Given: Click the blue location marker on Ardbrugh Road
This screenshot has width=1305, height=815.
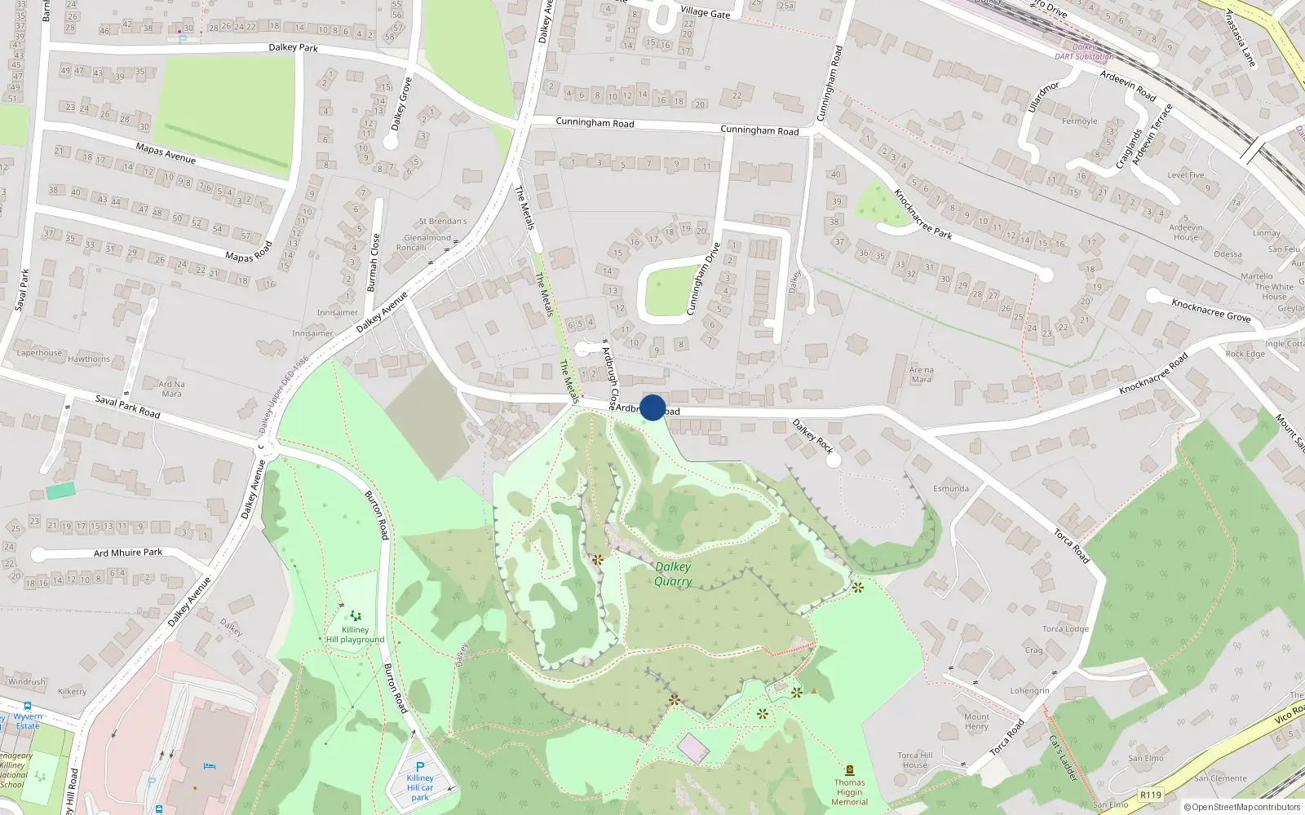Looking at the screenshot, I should [652, 407].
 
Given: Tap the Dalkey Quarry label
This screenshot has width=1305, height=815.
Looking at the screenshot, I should [673, 574].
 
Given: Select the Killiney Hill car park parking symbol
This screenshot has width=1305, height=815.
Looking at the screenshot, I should [420, 767].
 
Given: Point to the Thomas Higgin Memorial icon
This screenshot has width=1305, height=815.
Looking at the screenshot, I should [849, 770].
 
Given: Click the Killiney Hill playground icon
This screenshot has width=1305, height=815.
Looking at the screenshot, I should [355, 616].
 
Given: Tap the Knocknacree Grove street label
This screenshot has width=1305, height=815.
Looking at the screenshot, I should [1210, 310].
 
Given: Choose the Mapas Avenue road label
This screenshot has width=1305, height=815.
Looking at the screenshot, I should [166, 152].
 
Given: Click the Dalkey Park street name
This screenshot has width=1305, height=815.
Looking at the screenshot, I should [293, 47].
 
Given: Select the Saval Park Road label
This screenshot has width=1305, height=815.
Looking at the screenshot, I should [127, 406].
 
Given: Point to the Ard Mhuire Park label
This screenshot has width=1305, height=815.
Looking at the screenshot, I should [128, 553].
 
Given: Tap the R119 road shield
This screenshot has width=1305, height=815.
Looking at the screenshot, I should [1150, 795].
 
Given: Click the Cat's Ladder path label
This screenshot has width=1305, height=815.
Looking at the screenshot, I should [1063, 758].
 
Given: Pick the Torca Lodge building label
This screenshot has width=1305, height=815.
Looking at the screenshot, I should [1064, 628].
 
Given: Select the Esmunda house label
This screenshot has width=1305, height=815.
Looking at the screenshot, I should [950, 488].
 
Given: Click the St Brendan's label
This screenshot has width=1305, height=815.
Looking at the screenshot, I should [443, 221].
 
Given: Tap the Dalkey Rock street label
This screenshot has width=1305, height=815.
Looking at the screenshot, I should [812, 436].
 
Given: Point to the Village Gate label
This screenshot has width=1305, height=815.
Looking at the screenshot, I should [705, 12].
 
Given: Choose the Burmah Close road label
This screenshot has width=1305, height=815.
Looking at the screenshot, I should [373, 262].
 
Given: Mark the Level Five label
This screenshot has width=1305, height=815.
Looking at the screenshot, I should [1185, 174].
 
